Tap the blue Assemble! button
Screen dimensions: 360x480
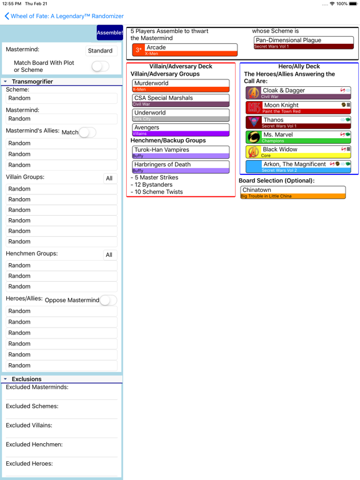(x=109, y=32)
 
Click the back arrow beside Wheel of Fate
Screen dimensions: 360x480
(x=7, y=16)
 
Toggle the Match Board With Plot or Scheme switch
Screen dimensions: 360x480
(x=100, y=66)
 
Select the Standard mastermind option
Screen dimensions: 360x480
(x=100, y=51)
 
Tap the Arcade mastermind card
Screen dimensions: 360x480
(x=185, y=50)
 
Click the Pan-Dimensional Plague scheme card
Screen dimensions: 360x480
(x=304, y=42)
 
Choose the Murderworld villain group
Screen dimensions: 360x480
(x=181, y=85)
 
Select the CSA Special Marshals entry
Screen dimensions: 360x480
(x=181, y=100)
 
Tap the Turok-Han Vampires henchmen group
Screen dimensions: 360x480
(x=181, y=152)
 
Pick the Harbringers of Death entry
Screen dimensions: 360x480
(x=181, y=167)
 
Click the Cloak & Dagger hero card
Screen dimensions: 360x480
(x=298, y=92)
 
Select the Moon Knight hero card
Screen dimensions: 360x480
(x=298, y=107)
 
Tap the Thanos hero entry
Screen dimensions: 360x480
(x=298, y=122)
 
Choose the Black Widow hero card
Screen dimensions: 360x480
(x=298, y=152)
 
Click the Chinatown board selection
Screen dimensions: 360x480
(x=292, y=192)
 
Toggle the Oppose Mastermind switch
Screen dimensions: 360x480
(x=108, y=300)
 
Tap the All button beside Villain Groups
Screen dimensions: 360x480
(x=109, y=178)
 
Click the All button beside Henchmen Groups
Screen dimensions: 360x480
(x=109, y=255)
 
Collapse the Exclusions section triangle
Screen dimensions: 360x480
(x=6, y=379)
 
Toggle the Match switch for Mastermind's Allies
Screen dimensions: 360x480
(x=87, y=132)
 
